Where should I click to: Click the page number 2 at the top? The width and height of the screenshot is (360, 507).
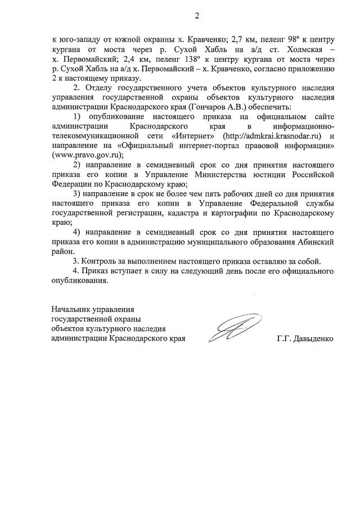point(197,16)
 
